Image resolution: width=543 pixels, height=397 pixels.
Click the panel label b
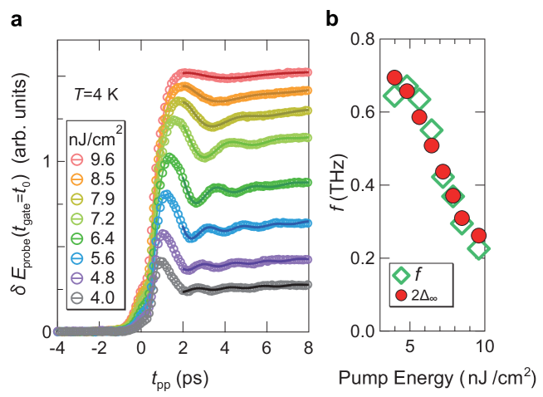(332, 17)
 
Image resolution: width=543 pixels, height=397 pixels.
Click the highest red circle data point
(394, 78)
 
